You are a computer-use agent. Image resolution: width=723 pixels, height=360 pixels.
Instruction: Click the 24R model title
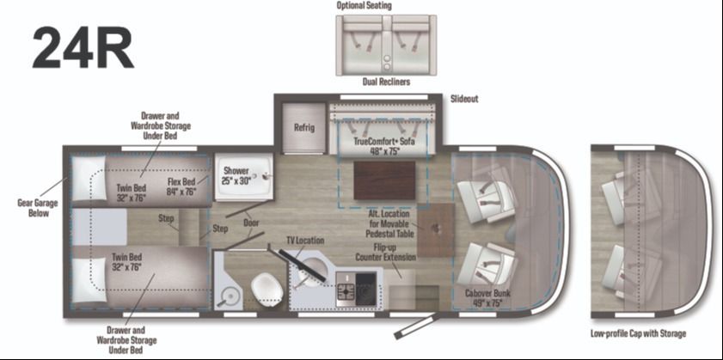(x=83, y=49)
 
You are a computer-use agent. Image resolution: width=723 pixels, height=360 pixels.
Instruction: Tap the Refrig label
(x=304, y=128)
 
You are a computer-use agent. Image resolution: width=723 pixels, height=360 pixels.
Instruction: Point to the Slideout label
(x=464, y=100)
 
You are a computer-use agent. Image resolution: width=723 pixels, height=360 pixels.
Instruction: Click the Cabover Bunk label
(x=487, y=297)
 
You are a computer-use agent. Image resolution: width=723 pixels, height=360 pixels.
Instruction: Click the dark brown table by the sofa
(x=384, y=180)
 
